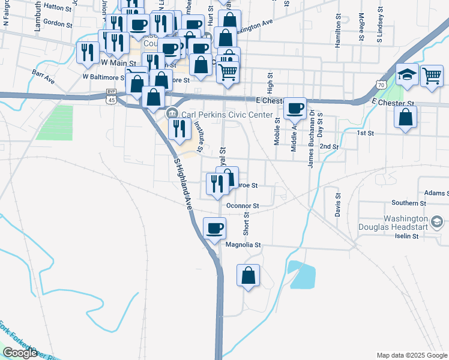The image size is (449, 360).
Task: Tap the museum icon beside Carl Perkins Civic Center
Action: tap(172, 113)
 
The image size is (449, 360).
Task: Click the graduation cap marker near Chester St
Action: tap(406, 75)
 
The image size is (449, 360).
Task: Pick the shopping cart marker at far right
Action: tap(432, 76)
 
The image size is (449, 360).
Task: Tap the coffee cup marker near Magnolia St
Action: tap(215, 229)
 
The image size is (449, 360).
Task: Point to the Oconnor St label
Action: tap(243, 206)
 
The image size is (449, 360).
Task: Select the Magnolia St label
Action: tap(244, 245)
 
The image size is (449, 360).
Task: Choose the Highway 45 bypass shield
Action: tap(111, 96)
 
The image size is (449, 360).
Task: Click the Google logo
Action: tap(20, 353)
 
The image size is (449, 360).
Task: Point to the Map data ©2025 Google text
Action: tap(411, 355)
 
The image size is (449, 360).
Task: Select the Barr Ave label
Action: tap(43, 76)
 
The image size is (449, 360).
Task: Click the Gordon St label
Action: tap(58, 25)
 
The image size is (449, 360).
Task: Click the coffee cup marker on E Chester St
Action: tap(295, 108)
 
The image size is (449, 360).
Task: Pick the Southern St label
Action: tap(409, 203)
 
